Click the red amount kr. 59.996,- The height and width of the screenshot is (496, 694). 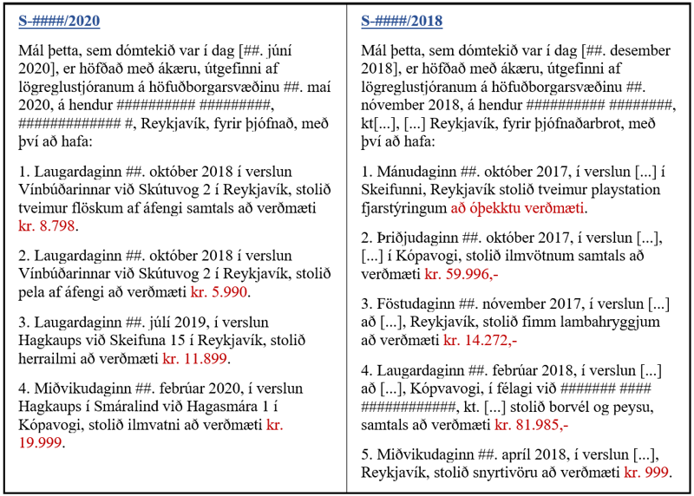(459, 274)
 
